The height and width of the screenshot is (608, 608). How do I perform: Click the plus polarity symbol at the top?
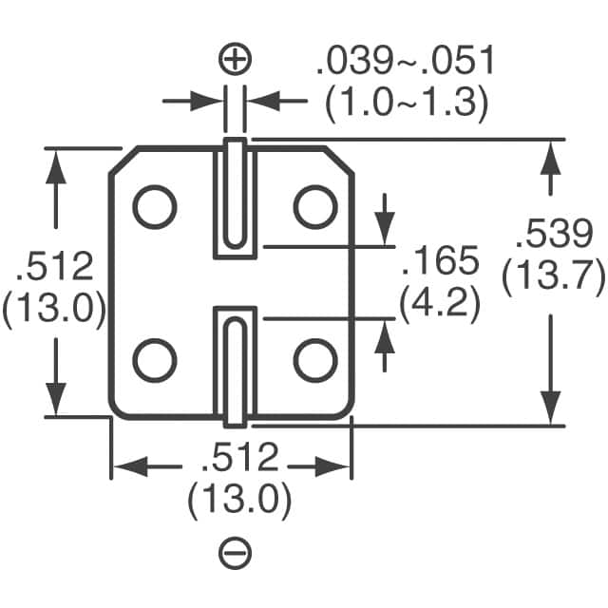235,62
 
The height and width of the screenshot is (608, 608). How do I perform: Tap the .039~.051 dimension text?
405,63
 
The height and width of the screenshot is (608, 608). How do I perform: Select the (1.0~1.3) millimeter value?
406,103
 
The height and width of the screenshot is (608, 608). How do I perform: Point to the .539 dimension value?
553,234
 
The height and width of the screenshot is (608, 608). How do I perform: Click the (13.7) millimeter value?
553,277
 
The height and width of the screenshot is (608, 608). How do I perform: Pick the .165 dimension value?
438,262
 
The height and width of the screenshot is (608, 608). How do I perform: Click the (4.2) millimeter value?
438,305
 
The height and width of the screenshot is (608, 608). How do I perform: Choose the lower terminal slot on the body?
235,366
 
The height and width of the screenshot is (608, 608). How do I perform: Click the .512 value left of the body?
55,267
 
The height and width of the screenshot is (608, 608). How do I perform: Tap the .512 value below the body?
239,459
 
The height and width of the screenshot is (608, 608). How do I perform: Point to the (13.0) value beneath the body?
239,501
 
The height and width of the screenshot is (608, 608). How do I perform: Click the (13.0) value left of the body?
54,311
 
